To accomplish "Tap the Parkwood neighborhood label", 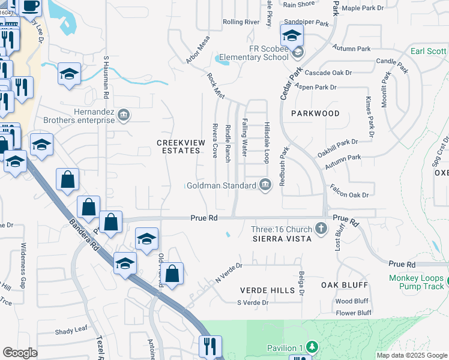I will pos(315,113).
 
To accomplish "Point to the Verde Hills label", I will pos(268,290).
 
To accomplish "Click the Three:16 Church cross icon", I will pos(321,229).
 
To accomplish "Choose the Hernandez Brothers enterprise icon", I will pos(123,115).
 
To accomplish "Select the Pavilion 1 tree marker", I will pos(312,347).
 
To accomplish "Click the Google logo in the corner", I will pos(20,353).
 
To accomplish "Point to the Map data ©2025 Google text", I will pos(411,355).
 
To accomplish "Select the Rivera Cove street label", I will pos(214,140).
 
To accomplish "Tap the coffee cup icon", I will pos(31,5).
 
